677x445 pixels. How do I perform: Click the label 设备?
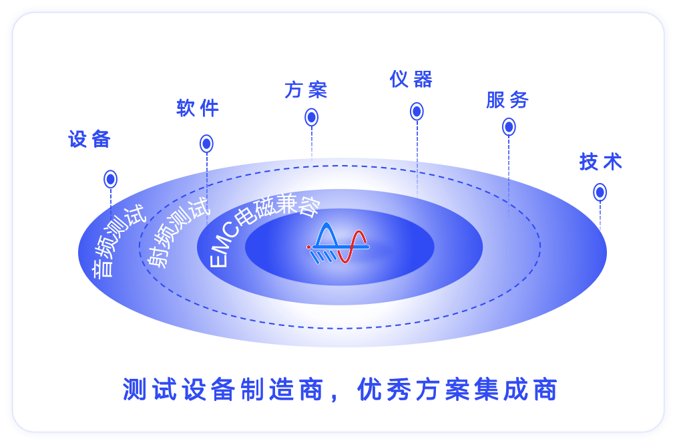pos(89,139)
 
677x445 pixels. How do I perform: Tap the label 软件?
pos(198,108)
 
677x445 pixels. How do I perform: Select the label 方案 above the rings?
pos(306,90)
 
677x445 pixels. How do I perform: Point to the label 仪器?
pos(411,80)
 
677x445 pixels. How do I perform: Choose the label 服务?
pos(507,100)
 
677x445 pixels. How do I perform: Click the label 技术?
pos(601,162)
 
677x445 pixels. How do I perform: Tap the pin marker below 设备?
pos(111,179)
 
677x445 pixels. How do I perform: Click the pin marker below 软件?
pos(206,144)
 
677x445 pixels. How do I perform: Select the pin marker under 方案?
pos(311,117)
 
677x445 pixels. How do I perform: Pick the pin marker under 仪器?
pos(417,112)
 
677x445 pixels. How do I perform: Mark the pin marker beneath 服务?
pos(509,127)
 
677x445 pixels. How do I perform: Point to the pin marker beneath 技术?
pos(600,192)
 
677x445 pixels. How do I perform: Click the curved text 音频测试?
pos(118,240)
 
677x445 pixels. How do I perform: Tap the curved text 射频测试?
pos(176,231)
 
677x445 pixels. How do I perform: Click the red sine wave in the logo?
pos(352,247)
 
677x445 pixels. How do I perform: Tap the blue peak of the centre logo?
pos(327,233)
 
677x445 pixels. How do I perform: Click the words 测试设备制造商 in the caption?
pos(223,390)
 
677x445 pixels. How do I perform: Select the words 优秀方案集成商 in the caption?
pos(457,390)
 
